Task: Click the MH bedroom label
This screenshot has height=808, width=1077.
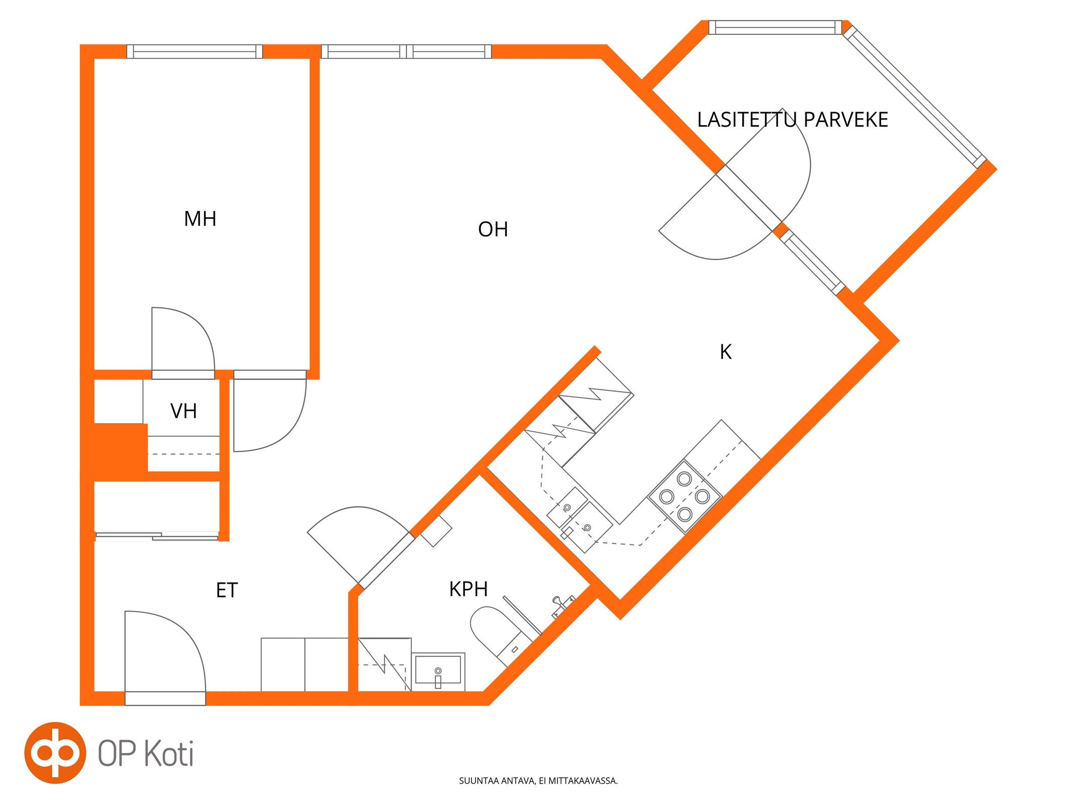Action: tap(200, 219)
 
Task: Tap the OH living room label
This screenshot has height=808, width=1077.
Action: tap(493, 229)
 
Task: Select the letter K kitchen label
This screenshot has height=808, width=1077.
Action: tap(726, 352)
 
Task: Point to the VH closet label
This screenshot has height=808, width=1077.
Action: tap(183, 411)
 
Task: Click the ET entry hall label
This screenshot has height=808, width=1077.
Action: tap(227, 590)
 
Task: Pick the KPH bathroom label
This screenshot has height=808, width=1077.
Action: tap(469, 589)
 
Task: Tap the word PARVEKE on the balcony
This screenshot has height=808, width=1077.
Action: tap(846, 120)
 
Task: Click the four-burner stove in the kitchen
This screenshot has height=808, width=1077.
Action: tap(684, 496)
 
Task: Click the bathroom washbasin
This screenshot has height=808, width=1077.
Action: tap(438, 671)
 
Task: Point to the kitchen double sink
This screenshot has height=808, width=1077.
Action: tap(580, 520)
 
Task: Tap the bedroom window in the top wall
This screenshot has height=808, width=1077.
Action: tap(194, 52)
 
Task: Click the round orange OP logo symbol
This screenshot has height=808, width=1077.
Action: tap(55, 753)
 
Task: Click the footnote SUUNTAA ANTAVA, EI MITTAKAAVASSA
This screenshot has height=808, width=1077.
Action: tap(538, 781)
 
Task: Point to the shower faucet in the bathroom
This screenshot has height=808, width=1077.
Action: tap(562, 606)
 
